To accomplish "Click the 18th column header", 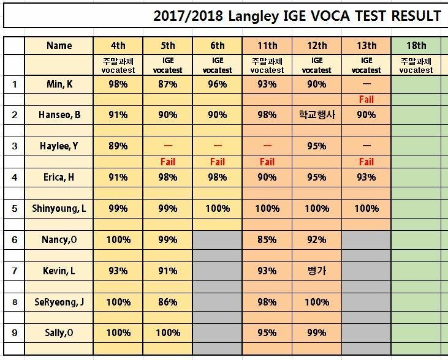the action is [416, 45].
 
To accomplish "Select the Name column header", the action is [59, 45].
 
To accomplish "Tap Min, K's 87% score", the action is [168, 84].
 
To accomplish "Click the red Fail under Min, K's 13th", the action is [366, 99].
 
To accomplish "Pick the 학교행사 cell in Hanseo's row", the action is [317, 114].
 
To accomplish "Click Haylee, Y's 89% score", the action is [118, 146].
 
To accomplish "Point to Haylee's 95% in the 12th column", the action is [317, 146].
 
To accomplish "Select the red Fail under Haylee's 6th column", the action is [218, 162].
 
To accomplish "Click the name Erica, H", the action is [59, 178].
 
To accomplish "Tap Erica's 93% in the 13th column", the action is [366, 178].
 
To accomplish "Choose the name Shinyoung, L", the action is [59, 208].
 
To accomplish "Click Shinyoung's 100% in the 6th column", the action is [218, 208].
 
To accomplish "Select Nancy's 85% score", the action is [267, 239].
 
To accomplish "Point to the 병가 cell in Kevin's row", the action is [317, 271].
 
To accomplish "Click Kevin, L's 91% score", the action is [168, 271].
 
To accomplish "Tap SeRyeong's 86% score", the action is [168, 302].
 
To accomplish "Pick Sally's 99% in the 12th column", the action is [317, 332].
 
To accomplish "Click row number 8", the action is [15, 302].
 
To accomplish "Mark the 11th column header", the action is [267, 45].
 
